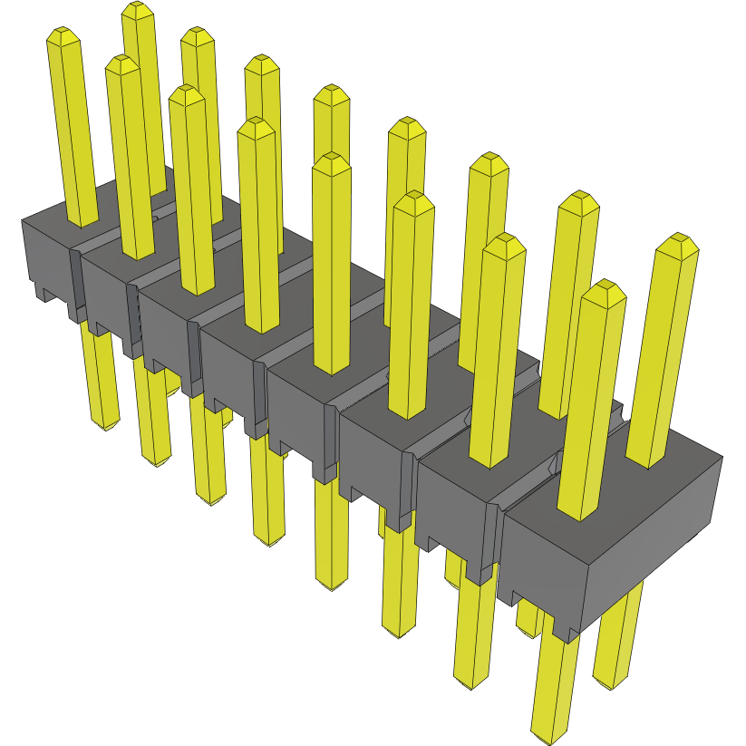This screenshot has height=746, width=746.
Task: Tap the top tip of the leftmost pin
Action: tap(65, 36)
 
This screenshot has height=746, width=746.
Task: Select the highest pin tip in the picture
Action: tap(136, 11)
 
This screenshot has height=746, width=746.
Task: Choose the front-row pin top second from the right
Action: tap(504, 244)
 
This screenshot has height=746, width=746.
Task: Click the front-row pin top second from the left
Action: tap(121, 64)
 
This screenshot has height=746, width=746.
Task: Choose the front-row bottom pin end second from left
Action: tap(158, 460)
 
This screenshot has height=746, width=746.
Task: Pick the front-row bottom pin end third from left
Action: tap(213, 499)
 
